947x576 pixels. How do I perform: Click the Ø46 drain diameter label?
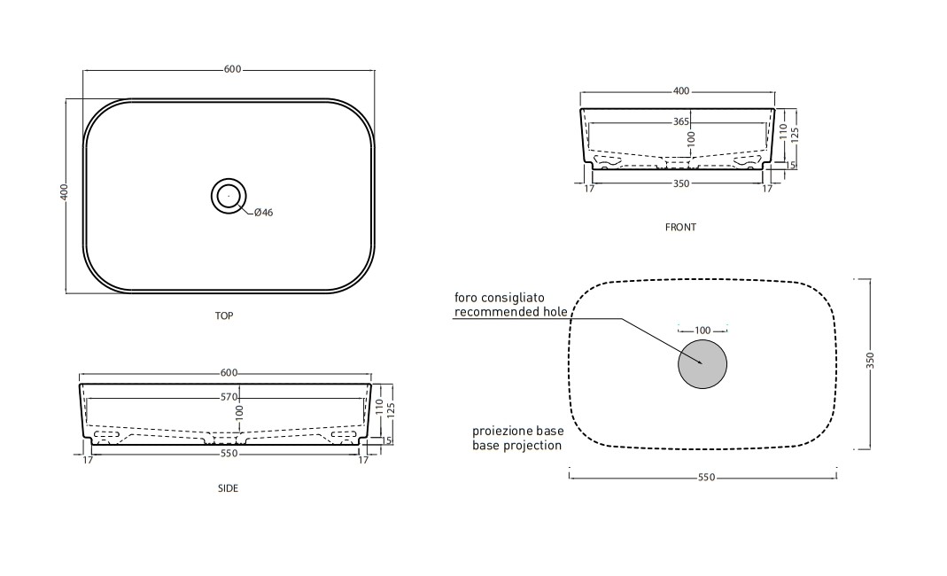pos(263,212)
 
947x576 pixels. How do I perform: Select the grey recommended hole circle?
pos(702,364)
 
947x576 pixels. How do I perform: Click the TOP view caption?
pos(224,315)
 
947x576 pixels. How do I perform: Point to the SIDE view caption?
pos(229,488)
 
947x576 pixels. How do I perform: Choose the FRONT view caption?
pos(680,227)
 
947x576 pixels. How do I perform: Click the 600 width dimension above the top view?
pos(232,69)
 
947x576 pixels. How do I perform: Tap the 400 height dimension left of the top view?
pos(65,191)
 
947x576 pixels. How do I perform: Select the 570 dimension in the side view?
pos(229,397)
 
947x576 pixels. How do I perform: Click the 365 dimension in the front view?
pos(681,121)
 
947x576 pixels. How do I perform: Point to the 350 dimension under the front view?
pos(681,183)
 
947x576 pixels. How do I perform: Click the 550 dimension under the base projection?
pos(707,478)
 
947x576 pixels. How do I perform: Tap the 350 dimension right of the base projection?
pos(870,361)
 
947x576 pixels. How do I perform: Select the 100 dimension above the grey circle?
pos(702,331)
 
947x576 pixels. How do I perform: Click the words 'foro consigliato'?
pos(500,298)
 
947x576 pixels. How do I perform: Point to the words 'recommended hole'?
pos(511,312)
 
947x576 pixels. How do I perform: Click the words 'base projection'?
pos(517,446)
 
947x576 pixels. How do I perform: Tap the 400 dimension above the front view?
pos(681,91)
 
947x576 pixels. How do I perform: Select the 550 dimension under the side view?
pos(229,454)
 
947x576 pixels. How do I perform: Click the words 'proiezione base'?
pos(518,431)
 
